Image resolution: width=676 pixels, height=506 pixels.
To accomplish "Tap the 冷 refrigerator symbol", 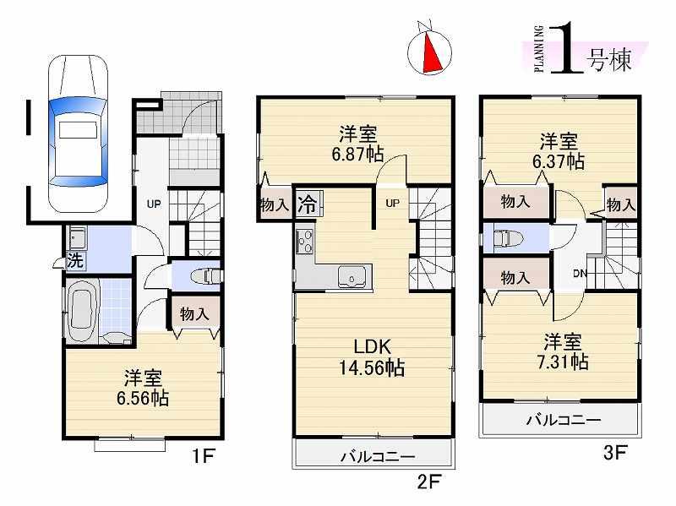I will coord(308,204).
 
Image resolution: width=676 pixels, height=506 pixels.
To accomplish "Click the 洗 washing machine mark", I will coord(75,260).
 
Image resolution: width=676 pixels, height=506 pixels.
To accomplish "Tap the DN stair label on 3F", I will coord(579,273).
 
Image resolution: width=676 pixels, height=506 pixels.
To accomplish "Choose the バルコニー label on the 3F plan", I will coord(563,419).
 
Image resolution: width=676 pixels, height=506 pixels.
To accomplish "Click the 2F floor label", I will coord(428,483).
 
